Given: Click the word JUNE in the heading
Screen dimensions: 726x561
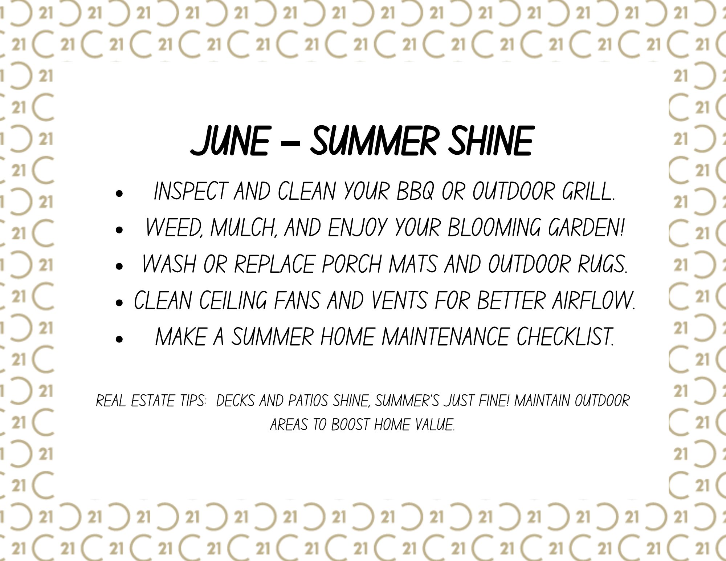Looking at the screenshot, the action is point(229,141).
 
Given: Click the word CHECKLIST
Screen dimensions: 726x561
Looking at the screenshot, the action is point(564,337).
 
